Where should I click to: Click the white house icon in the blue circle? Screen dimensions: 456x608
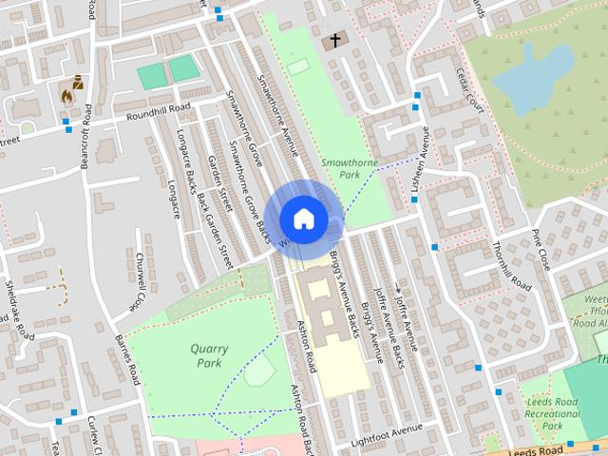pyautogui.click(x=303, y=218)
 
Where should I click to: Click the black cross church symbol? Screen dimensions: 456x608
pyautogui.click(x=334, y=41)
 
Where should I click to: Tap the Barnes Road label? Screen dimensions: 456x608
pyautogui.click(x=127, y=358)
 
